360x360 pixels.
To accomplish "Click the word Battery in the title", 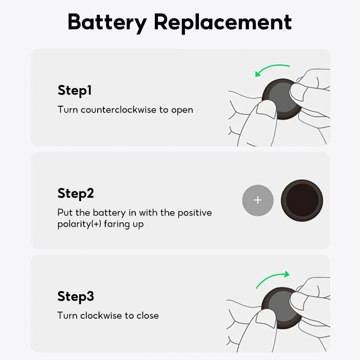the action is point(107,22).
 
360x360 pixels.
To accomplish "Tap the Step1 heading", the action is point(75,90).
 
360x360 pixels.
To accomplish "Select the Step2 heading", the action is point(76,193).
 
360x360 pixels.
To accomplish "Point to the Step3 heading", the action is point(76,297).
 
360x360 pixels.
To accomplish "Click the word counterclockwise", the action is point(118,109).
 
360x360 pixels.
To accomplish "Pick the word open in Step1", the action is point(182,110).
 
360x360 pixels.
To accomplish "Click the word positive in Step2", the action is point(195,213).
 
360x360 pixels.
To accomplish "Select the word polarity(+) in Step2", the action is point(80,224).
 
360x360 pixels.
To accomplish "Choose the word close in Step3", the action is point(148,315).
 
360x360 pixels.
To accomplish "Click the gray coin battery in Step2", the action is point(258,200).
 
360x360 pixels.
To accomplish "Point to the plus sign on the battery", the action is point(258,200).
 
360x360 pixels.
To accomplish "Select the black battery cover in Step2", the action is point(302,200).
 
